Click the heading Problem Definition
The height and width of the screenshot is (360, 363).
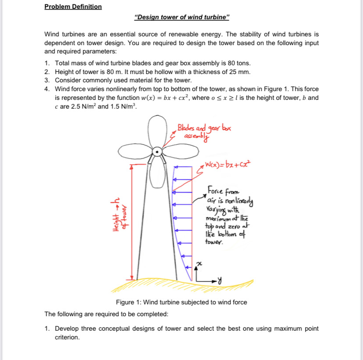(73, 7)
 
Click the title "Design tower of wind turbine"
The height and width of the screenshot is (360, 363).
(181, 18)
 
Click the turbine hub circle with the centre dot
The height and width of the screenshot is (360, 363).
(157, 152)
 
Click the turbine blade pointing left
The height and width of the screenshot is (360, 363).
(134, 153)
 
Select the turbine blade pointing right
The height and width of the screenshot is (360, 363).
(180, 153)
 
